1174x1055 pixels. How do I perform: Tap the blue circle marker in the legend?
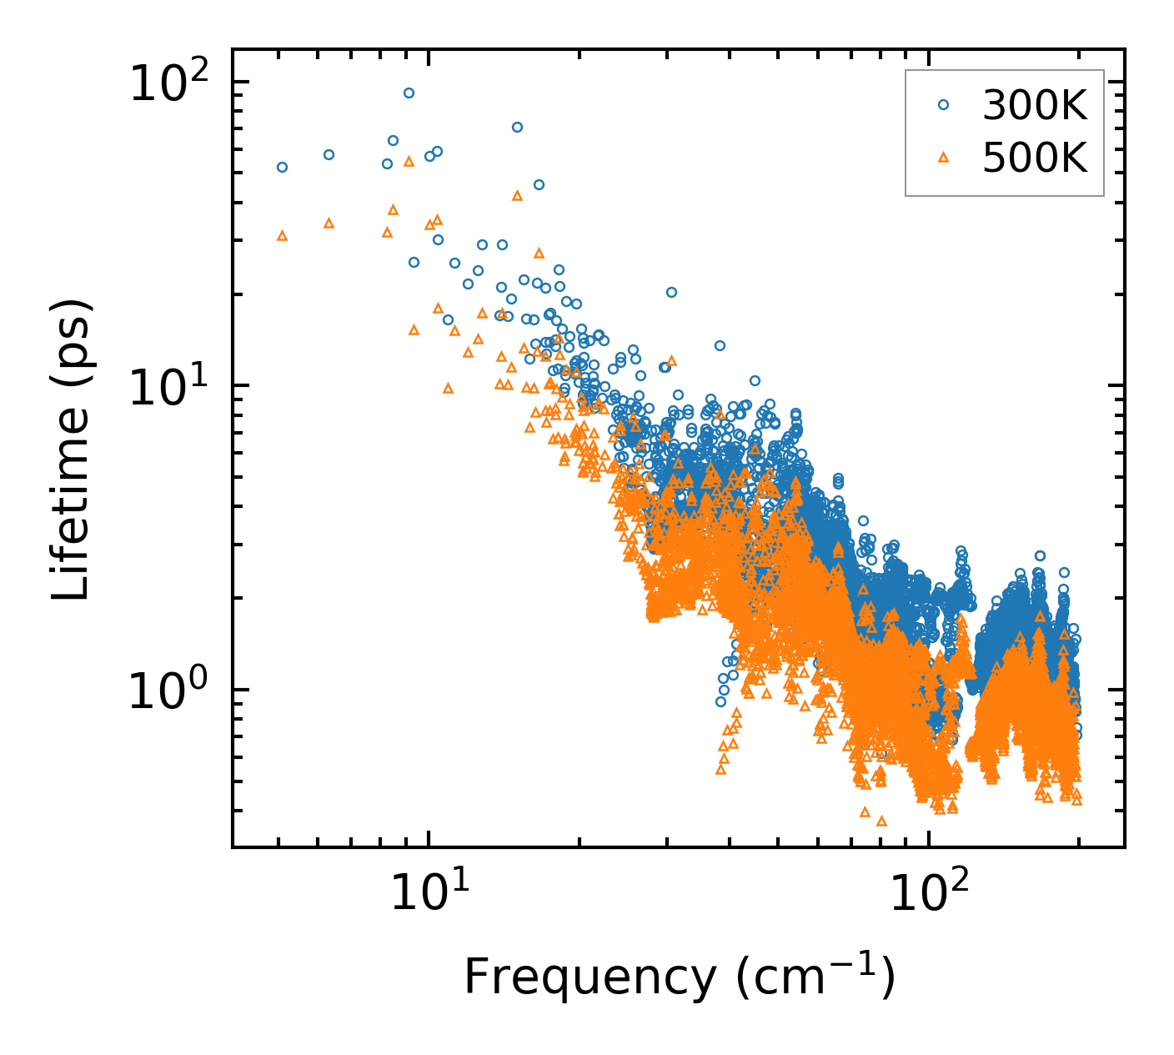pyautogui.click(x=944, y=105)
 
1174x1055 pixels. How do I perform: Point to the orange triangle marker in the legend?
pyautogui.click(x=944, y=156)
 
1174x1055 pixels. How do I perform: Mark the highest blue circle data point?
pyautogui.click(x=409, y=93)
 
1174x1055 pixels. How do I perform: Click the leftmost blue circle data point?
pyautogui.click(x=282, y=168)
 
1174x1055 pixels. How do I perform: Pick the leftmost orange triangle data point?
pyautogui.click(x=282, y=236)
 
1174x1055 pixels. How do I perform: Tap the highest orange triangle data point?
pyautogui.click(x=409, y=162)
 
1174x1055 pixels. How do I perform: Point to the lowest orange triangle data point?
pyautogui.click(x=880, y=821)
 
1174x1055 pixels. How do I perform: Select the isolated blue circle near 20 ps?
pyautogui.click(x=671, y=293)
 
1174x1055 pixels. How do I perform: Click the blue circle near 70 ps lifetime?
pyautogui.click(x=517, y=128)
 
